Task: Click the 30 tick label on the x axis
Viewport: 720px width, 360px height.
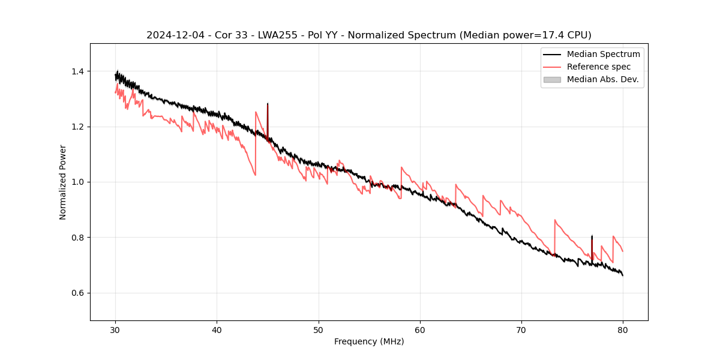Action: [x=115, y=329]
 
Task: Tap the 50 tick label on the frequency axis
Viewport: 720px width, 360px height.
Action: [x=318, y=329]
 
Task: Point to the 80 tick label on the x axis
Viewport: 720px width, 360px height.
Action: [x=623, y=329]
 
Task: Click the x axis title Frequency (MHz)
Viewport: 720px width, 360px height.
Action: [x=369, y=341]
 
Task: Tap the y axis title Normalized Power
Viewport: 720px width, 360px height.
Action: [x=63, y=182]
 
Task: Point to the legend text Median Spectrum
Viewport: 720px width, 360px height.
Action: [x=603, y=54]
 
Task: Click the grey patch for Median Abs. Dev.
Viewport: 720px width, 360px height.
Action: [x=552, y=79]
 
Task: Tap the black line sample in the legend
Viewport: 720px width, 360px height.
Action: [x=552, y=54]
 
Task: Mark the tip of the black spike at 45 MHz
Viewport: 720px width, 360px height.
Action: [x=268, y=104]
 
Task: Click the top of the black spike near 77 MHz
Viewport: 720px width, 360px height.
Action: [x=592, y=236]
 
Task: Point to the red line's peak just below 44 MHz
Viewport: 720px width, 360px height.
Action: [x=256, y=112]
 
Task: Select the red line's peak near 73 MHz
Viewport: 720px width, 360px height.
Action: [x=555, y=220]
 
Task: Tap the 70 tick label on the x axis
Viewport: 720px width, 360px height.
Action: [x=521, y=329]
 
